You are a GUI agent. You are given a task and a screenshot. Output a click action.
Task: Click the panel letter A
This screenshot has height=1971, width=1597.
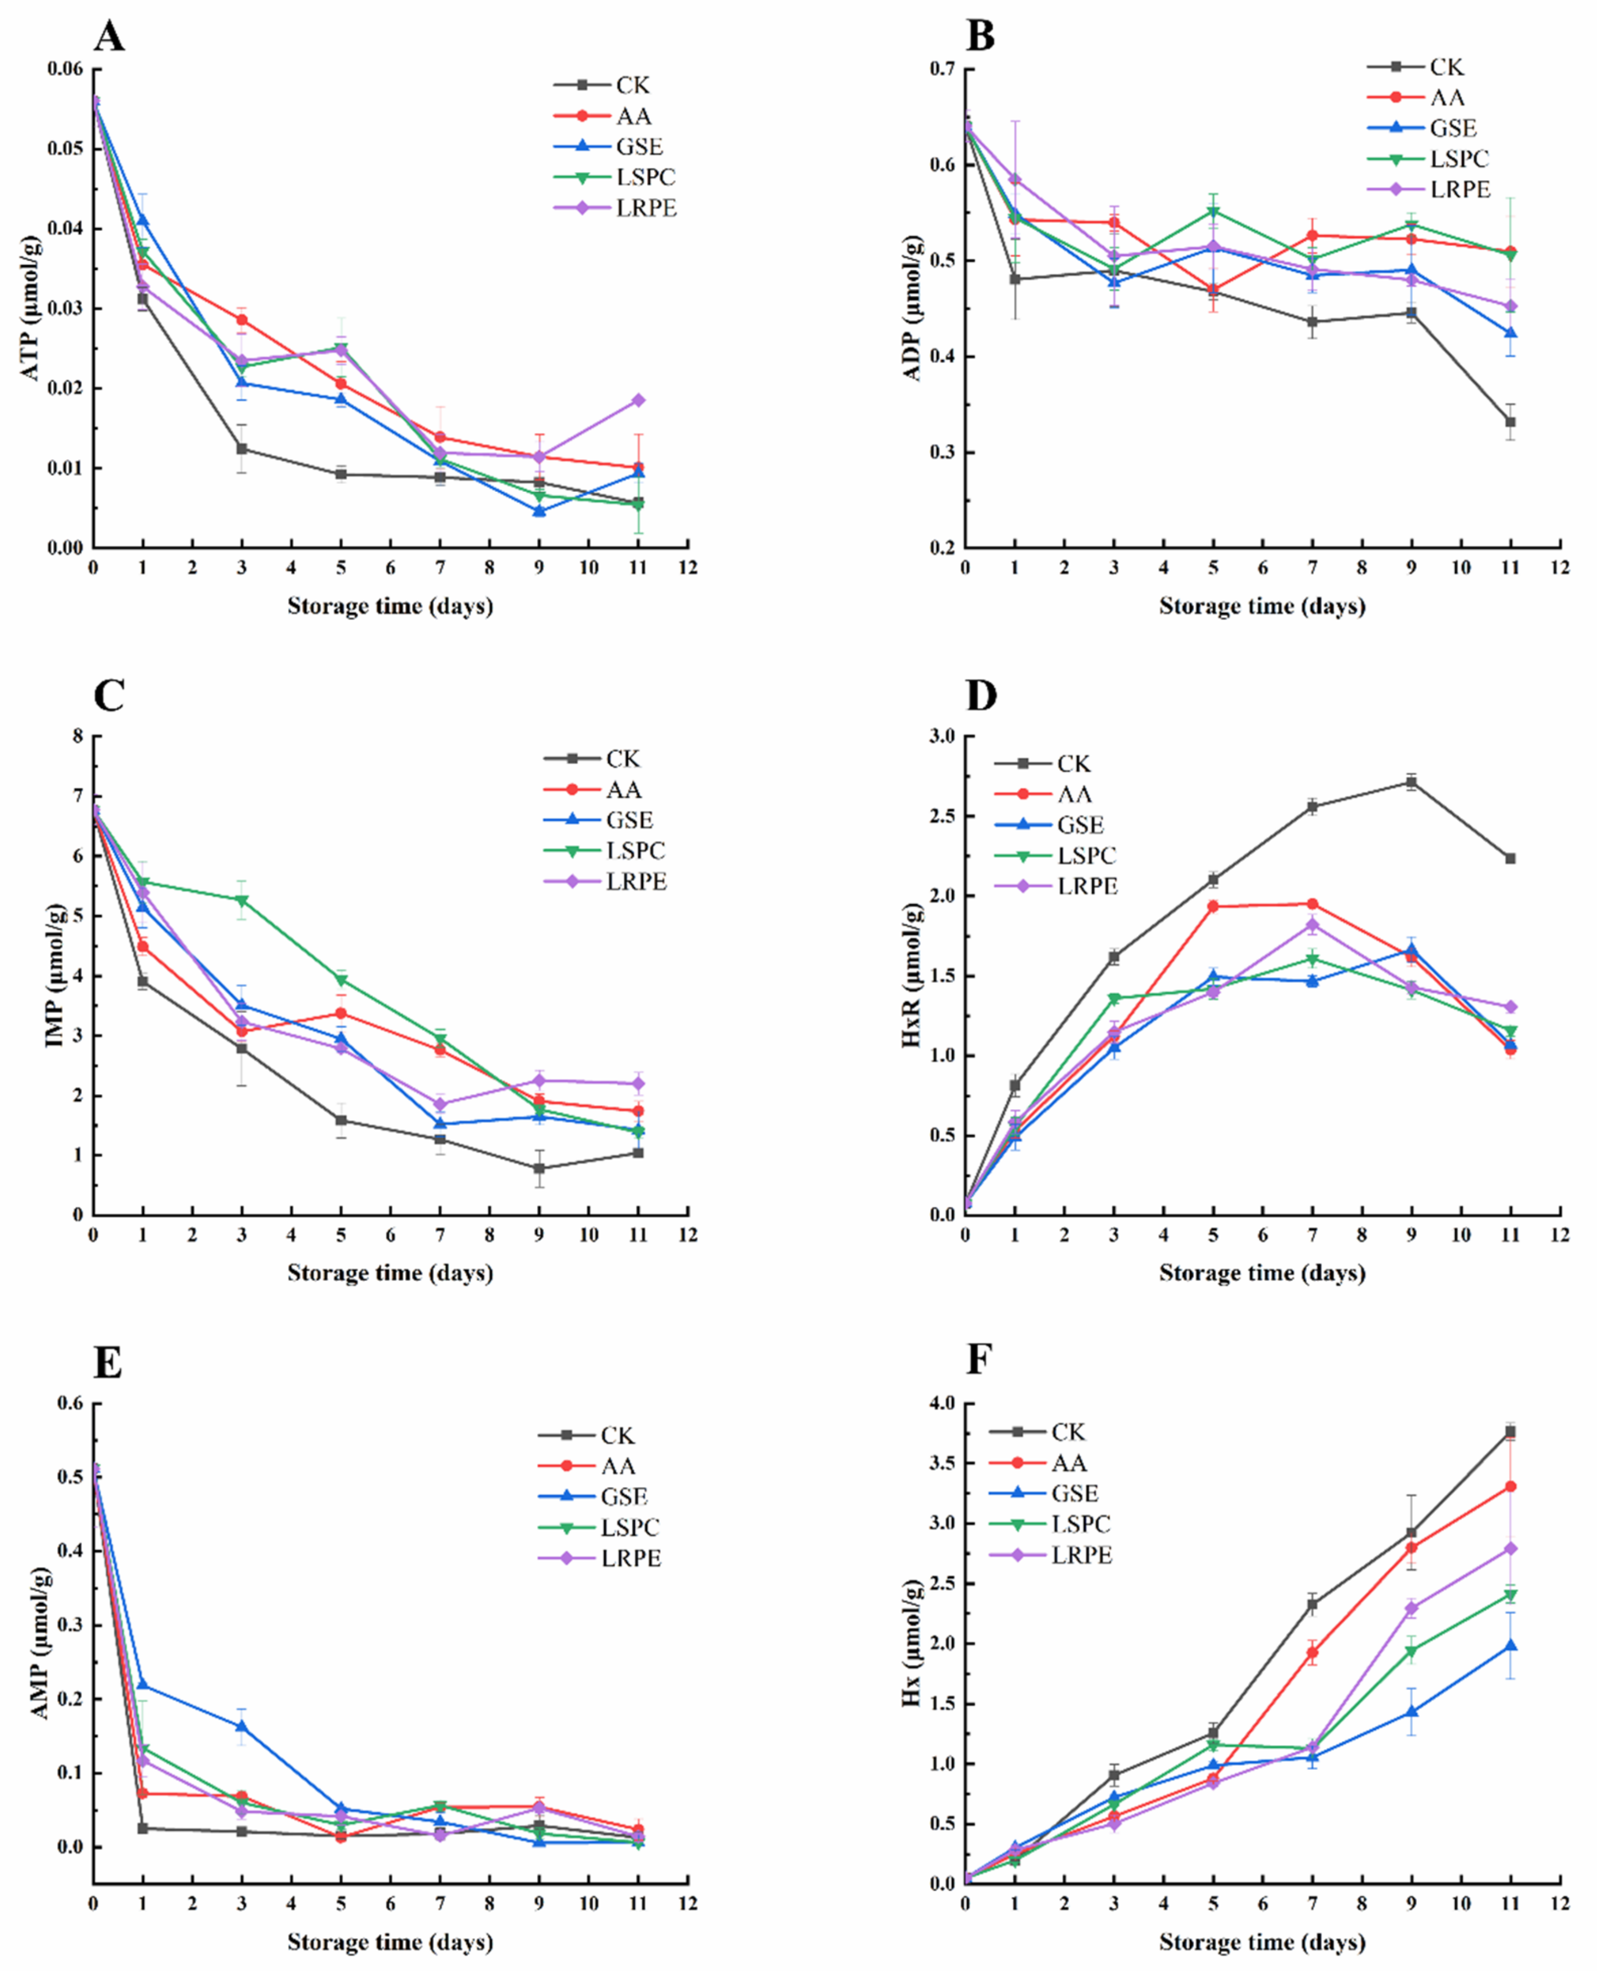click(109, 37)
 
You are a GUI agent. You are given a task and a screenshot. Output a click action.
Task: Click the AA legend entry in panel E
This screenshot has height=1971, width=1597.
click(617, 1466)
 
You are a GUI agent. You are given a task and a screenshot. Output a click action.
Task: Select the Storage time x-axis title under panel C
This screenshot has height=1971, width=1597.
click(390, 1272)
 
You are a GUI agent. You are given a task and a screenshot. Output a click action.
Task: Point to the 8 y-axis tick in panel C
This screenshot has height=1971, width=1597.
click(77, 736)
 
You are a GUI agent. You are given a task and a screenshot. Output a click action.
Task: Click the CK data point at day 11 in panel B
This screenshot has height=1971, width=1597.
click(1510, 422)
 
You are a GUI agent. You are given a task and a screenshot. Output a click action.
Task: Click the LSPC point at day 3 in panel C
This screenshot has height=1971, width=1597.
click(242, 900)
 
